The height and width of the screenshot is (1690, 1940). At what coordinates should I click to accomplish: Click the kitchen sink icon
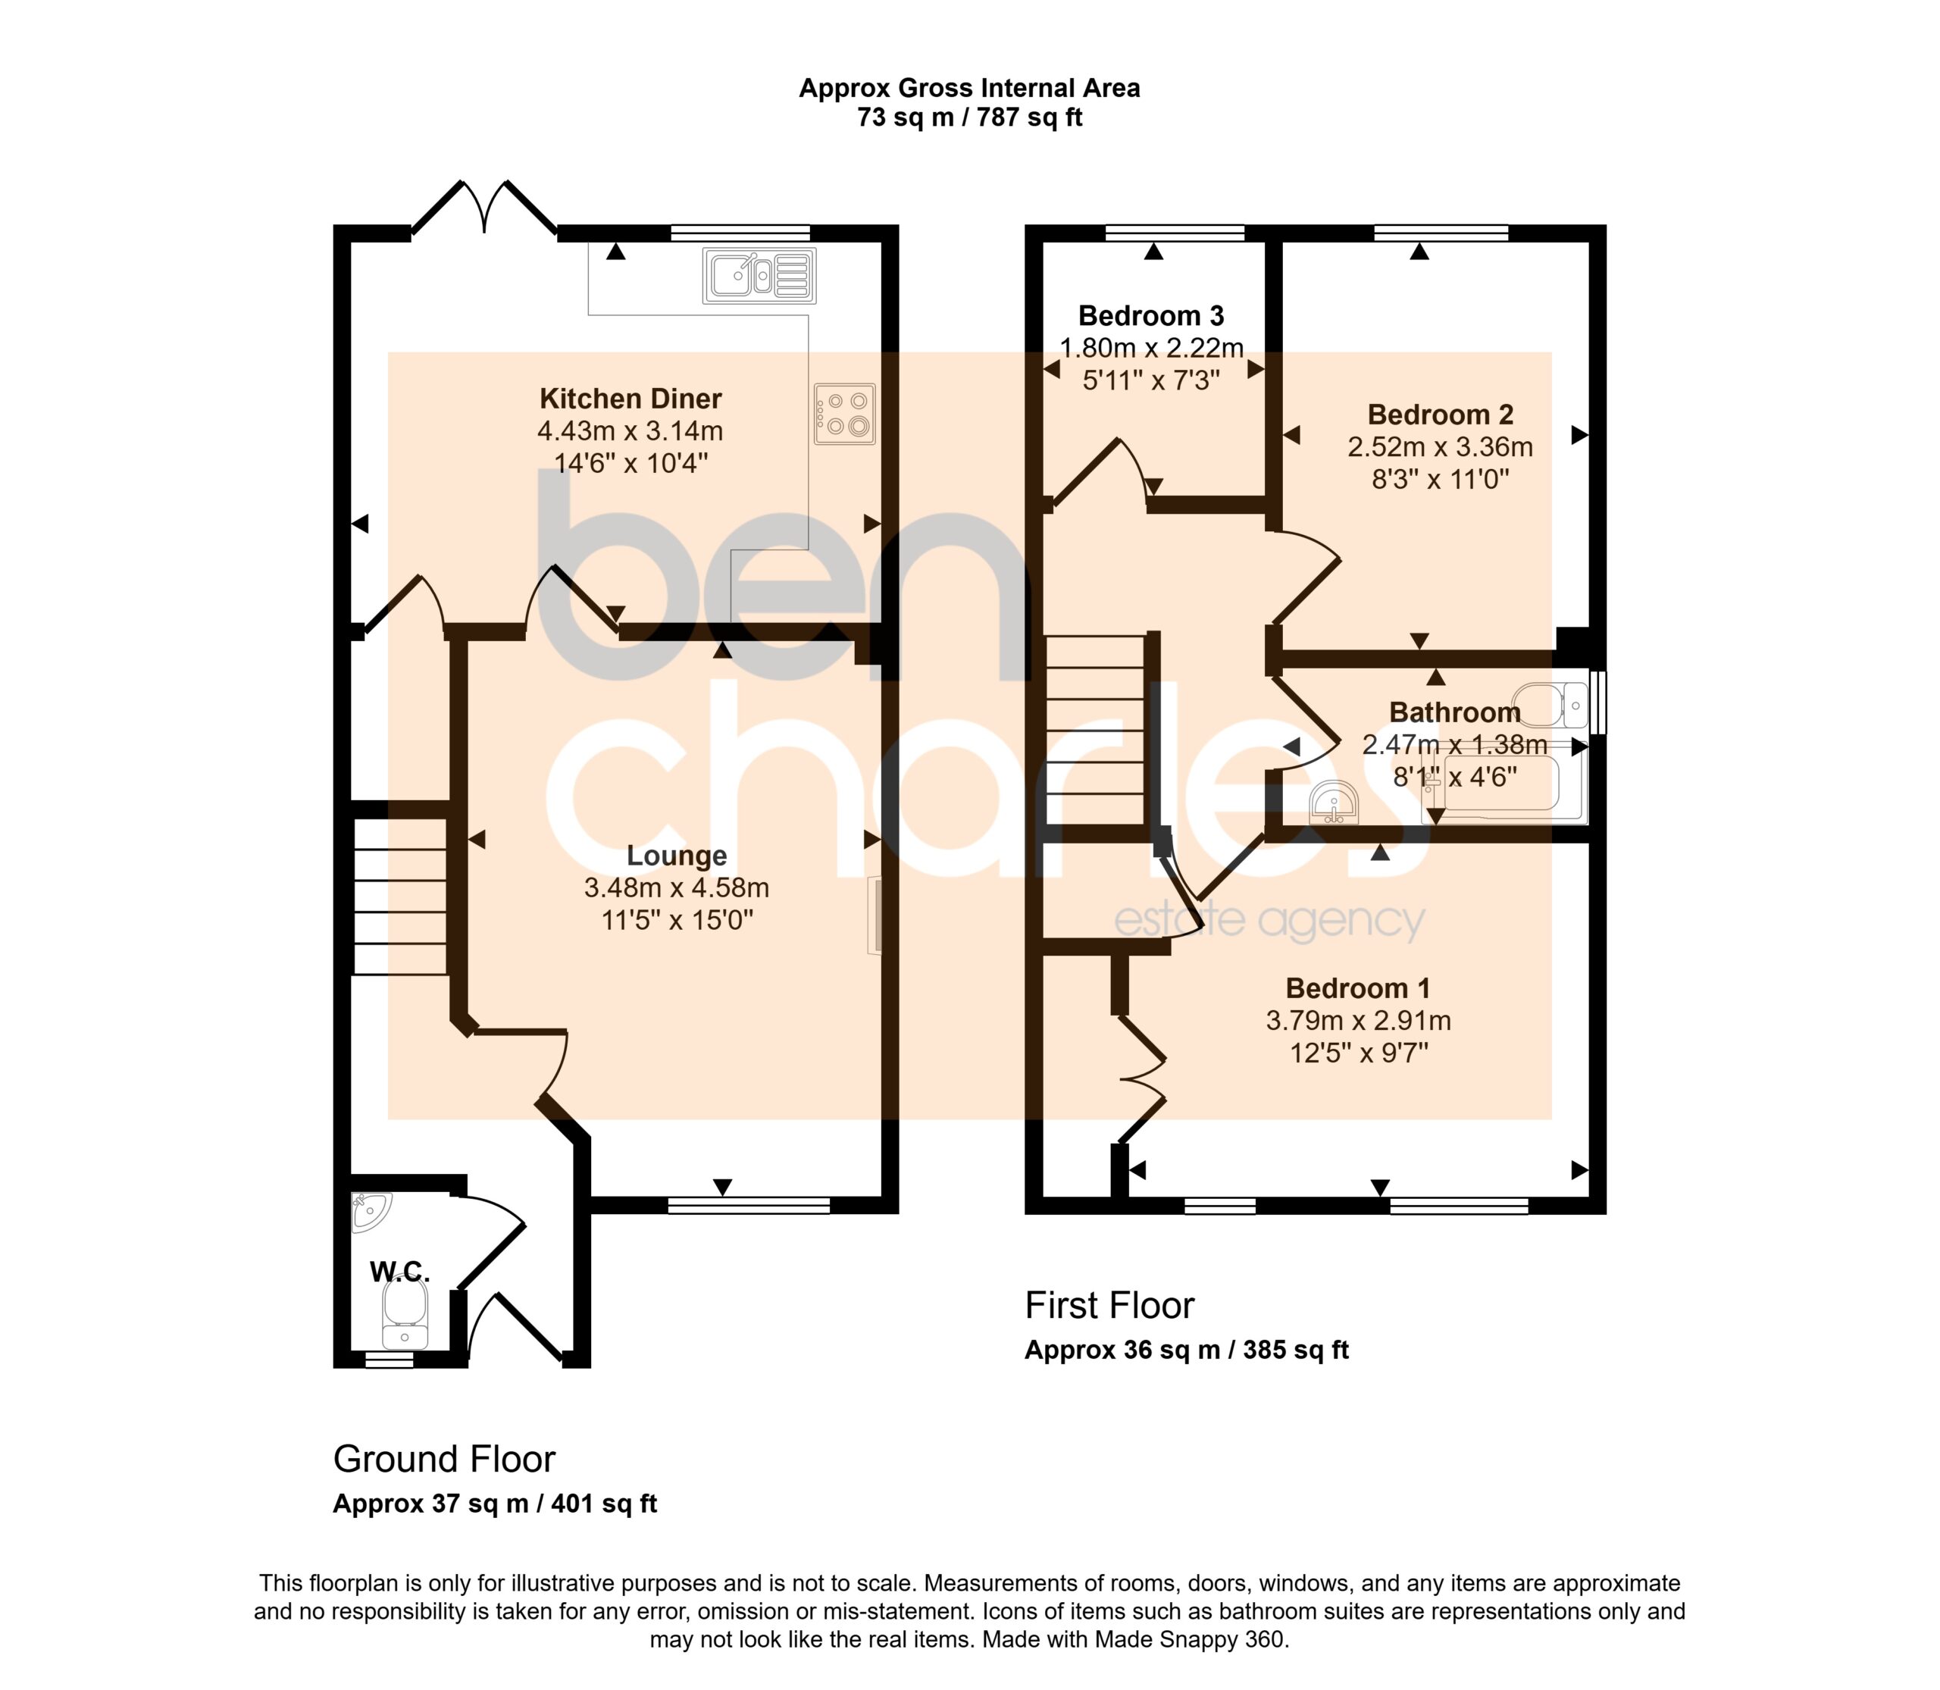point(759,275)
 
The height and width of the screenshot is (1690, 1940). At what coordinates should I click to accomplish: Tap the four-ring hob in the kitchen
point(845,413)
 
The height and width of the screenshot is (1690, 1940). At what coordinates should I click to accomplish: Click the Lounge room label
point(677,856)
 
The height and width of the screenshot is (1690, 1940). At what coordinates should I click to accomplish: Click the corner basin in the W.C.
point(369,1212)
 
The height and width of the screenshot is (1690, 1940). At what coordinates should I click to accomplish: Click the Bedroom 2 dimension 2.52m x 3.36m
point(1440,447)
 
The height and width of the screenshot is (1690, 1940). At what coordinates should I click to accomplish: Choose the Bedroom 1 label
point(1358,988)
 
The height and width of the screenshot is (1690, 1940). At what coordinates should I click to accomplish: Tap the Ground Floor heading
point(444,1459)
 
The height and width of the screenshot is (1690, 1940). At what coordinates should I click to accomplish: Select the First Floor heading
point(1109,1305)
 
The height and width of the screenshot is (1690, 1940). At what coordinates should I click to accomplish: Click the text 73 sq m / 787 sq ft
point(969,118)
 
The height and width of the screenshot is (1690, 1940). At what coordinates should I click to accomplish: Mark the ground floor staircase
point(400,896)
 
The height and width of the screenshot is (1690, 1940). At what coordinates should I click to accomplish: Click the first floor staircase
point(1095,729)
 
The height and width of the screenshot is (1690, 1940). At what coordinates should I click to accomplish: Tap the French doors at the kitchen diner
point(485,208)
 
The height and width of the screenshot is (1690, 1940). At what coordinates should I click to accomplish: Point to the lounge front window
point(749,1204)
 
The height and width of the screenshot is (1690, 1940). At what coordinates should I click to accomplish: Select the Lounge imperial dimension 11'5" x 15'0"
point(677,919)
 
